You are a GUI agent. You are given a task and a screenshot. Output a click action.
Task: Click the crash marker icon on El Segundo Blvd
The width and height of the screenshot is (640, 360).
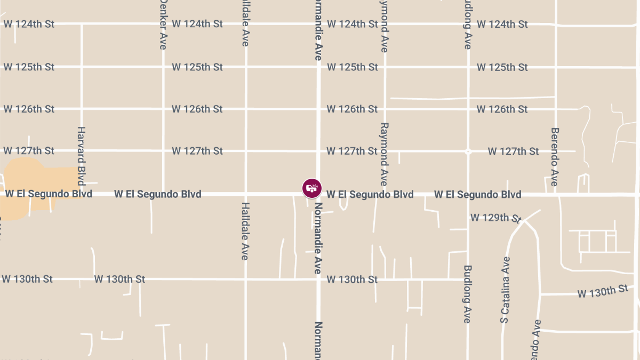pos(312,188)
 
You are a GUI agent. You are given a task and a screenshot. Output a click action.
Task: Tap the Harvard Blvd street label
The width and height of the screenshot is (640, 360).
pos(82,155)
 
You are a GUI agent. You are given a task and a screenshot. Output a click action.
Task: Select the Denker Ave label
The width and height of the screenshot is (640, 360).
pos(163,25)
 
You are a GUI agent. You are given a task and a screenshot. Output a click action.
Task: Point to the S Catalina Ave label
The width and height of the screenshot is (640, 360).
pos(506,290)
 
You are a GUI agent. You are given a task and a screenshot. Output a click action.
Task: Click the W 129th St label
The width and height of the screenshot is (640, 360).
pos(495,218)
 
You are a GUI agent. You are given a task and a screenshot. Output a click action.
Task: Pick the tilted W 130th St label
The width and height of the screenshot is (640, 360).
pos(603,291)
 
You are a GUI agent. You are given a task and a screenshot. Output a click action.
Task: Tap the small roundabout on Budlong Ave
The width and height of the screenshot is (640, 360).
pos(468,151)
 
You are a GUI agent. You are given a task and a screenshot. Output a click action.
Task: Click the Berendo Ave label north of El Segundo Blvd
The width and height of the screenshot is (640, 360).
pos(555,157)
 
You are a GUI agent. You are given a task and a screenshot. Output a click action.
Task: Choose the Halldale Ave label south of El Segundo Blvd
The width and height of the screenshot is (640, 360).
pos(245,231)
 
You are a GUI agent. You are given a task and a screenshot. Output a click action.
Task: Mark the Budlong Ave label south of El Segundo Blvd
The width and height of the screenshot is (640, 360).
pos(468,294)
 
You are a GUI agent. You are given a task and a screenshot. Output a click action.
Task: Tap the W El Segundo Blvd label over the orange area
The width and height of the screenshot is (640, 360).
pos(49,194)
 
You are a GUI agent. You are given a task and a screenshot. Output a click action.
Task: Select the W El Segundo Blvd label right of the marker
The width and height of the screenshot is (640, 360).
pos(370,194)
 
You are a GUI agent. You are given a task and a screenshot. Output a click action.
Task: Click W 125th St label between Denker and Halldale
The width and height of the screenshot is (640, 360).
pos(197,67)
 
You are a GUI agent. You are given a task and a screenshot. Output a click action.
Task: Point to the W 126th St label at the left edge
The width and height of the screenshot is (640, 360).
pos(29,109)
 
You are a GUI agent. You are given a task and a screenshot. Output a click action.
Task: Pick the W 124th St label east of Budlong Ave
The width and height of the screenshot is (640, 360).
pos(502,24)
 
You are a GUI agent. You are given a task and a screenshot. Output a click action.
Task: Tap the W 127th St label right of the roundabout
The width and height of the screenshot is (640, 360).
pos(513,151)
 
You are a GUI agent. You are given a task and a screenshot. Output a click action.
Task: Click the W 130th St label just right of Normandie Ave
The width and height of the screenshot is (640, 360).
pos(352,279)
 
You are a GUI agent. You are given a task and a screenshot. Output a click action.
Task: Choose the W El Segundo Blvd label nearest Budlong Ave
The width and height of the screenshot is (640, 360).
pos(477,194)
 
